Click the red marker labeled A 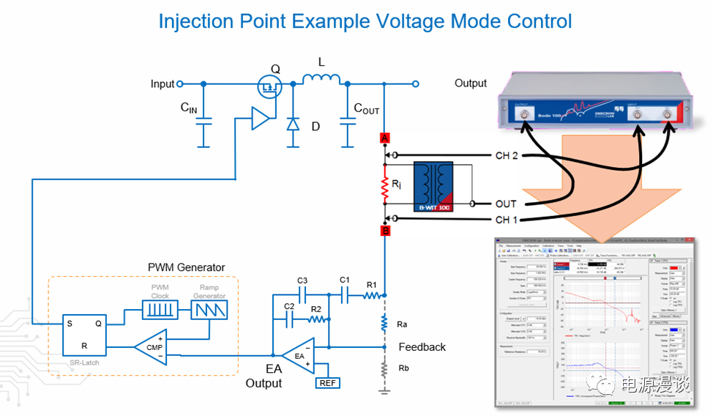[384, 138]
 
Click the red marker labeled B [384, 231]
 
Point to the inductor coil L [322, 79]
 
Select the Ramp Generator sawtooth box [210, 311]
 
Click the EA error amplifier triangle [299, 356]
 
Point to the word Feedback [422, 347]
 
